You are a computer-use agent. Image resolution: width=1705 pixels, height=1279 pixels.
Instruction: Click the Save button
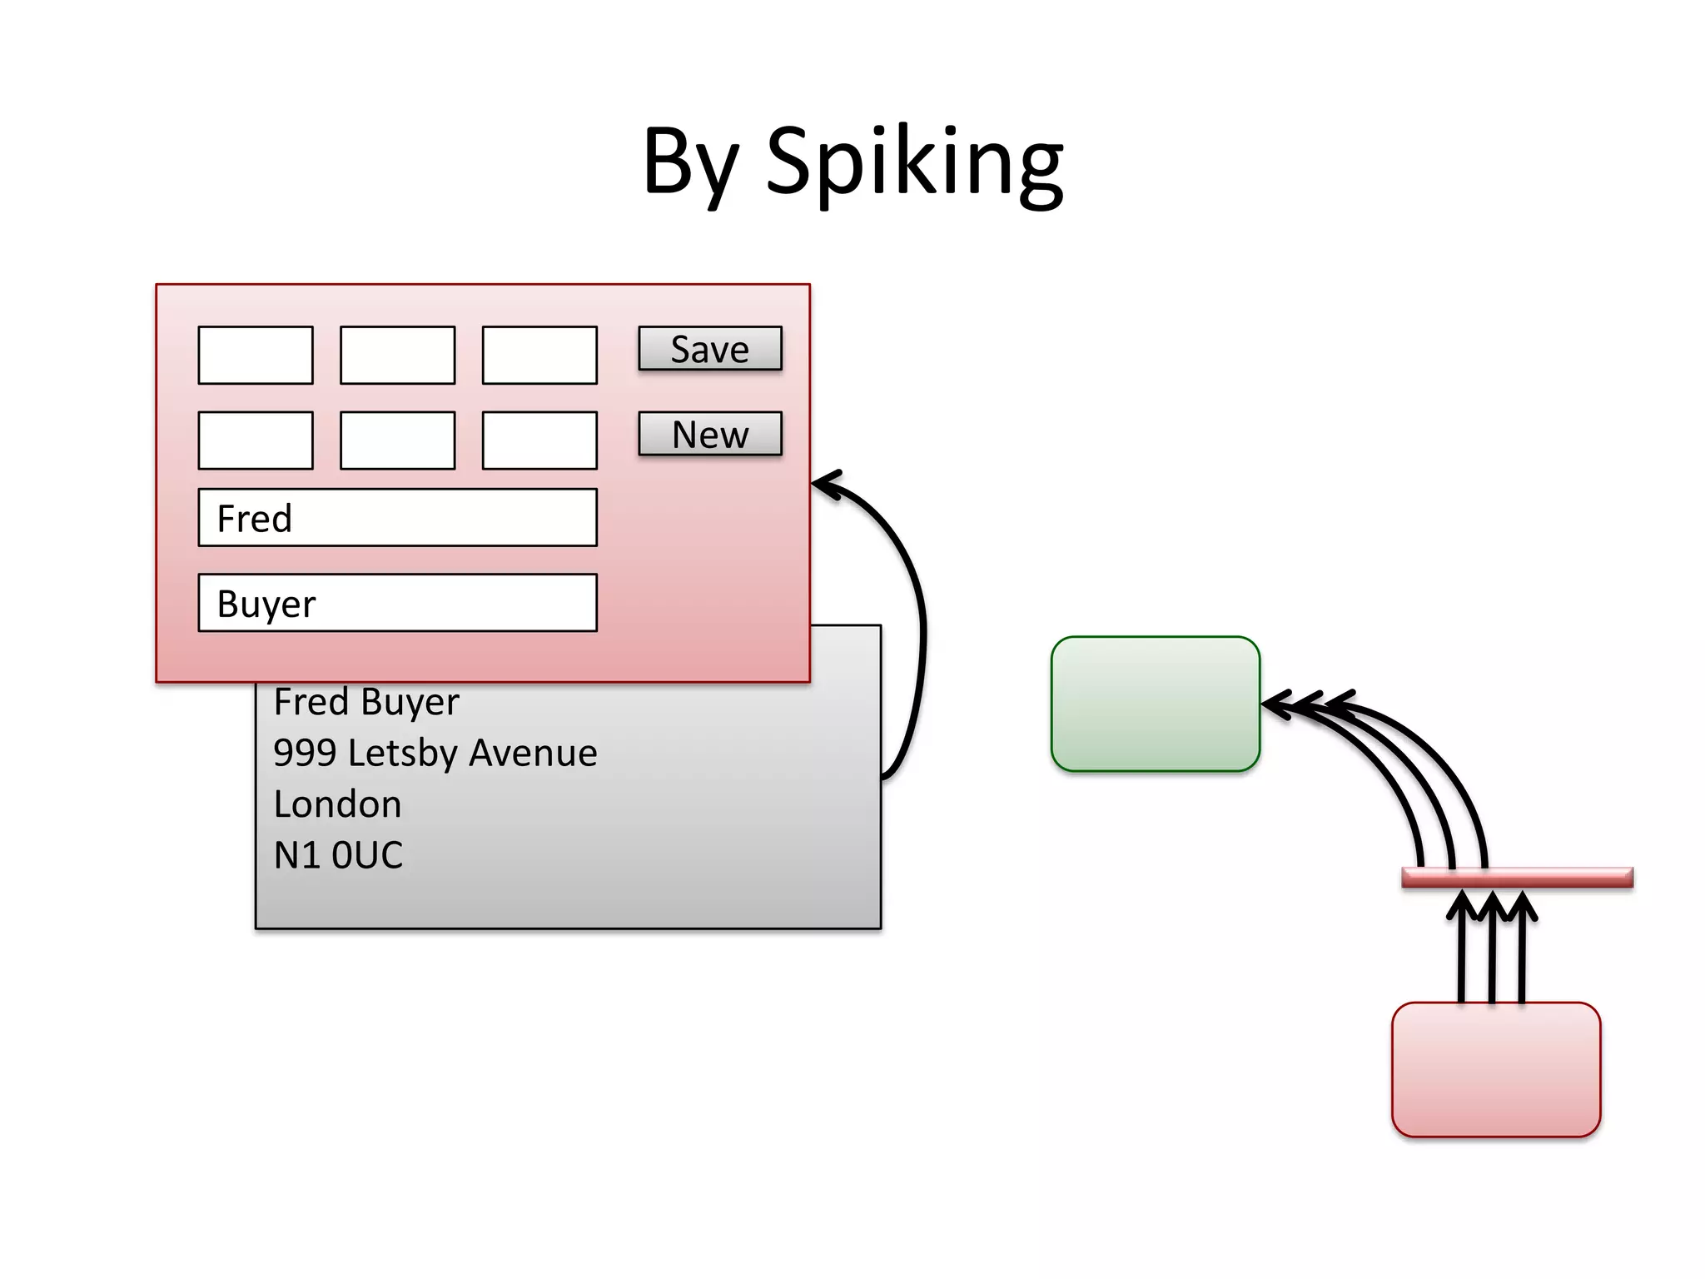(709, 349)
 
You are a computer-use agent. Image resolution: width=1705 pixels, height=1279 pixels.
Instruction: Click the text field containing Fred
(397, 518)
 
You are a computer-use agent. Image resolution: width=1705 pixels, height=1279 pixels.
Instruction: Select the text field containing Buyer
(397, 603)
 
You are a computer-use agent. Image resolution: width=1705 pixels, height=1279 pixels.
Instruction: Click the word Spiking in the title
(913, 162)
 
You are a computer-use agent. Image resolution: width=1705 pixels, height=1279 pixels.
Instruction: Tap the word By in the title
(690, 162)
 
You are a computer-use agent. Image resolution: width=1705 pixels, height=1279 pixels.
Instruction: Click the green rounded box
(1155, 704)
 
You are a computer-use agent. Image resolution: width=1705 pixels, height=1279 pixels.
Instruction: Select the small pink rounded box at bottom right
(1495, 1069)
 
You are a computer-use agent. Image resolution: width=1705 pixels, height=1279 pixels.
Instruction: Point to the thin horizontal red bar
(1516, 878)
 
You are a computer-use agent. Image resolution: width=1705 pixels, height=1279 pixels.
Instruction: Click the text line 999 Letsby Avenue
(435, 754)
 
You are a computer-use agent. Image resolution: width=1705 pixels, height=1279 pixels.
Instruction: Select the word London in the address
(337, 804)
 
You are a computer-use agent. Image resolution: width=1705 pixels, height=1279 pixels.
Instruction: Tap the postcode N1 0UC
(338, 855)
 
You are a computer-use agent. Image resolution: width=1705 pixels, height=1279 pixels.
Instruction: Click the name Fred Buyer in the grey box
(366, 702)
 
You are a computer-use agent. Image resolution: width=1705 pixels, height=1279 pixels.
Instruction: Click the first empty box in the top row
(256, 356)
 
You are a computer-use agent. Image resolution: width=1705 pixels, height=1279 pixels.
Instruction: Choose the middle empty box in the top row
(397, 356)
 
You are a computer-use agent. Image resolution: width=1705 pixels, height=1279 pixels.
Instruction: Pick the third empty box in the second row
(539, 440)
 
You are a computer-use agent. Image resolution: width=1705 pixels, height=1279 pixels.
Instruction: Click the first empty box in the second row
(256, 440)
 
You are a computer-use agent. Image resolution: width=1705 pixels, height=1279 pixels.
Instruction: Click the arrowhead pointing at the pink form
(824, 484)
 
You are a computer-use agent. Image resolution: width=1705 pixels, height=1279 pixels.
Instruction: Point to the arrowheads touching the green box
(1299, 704)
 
